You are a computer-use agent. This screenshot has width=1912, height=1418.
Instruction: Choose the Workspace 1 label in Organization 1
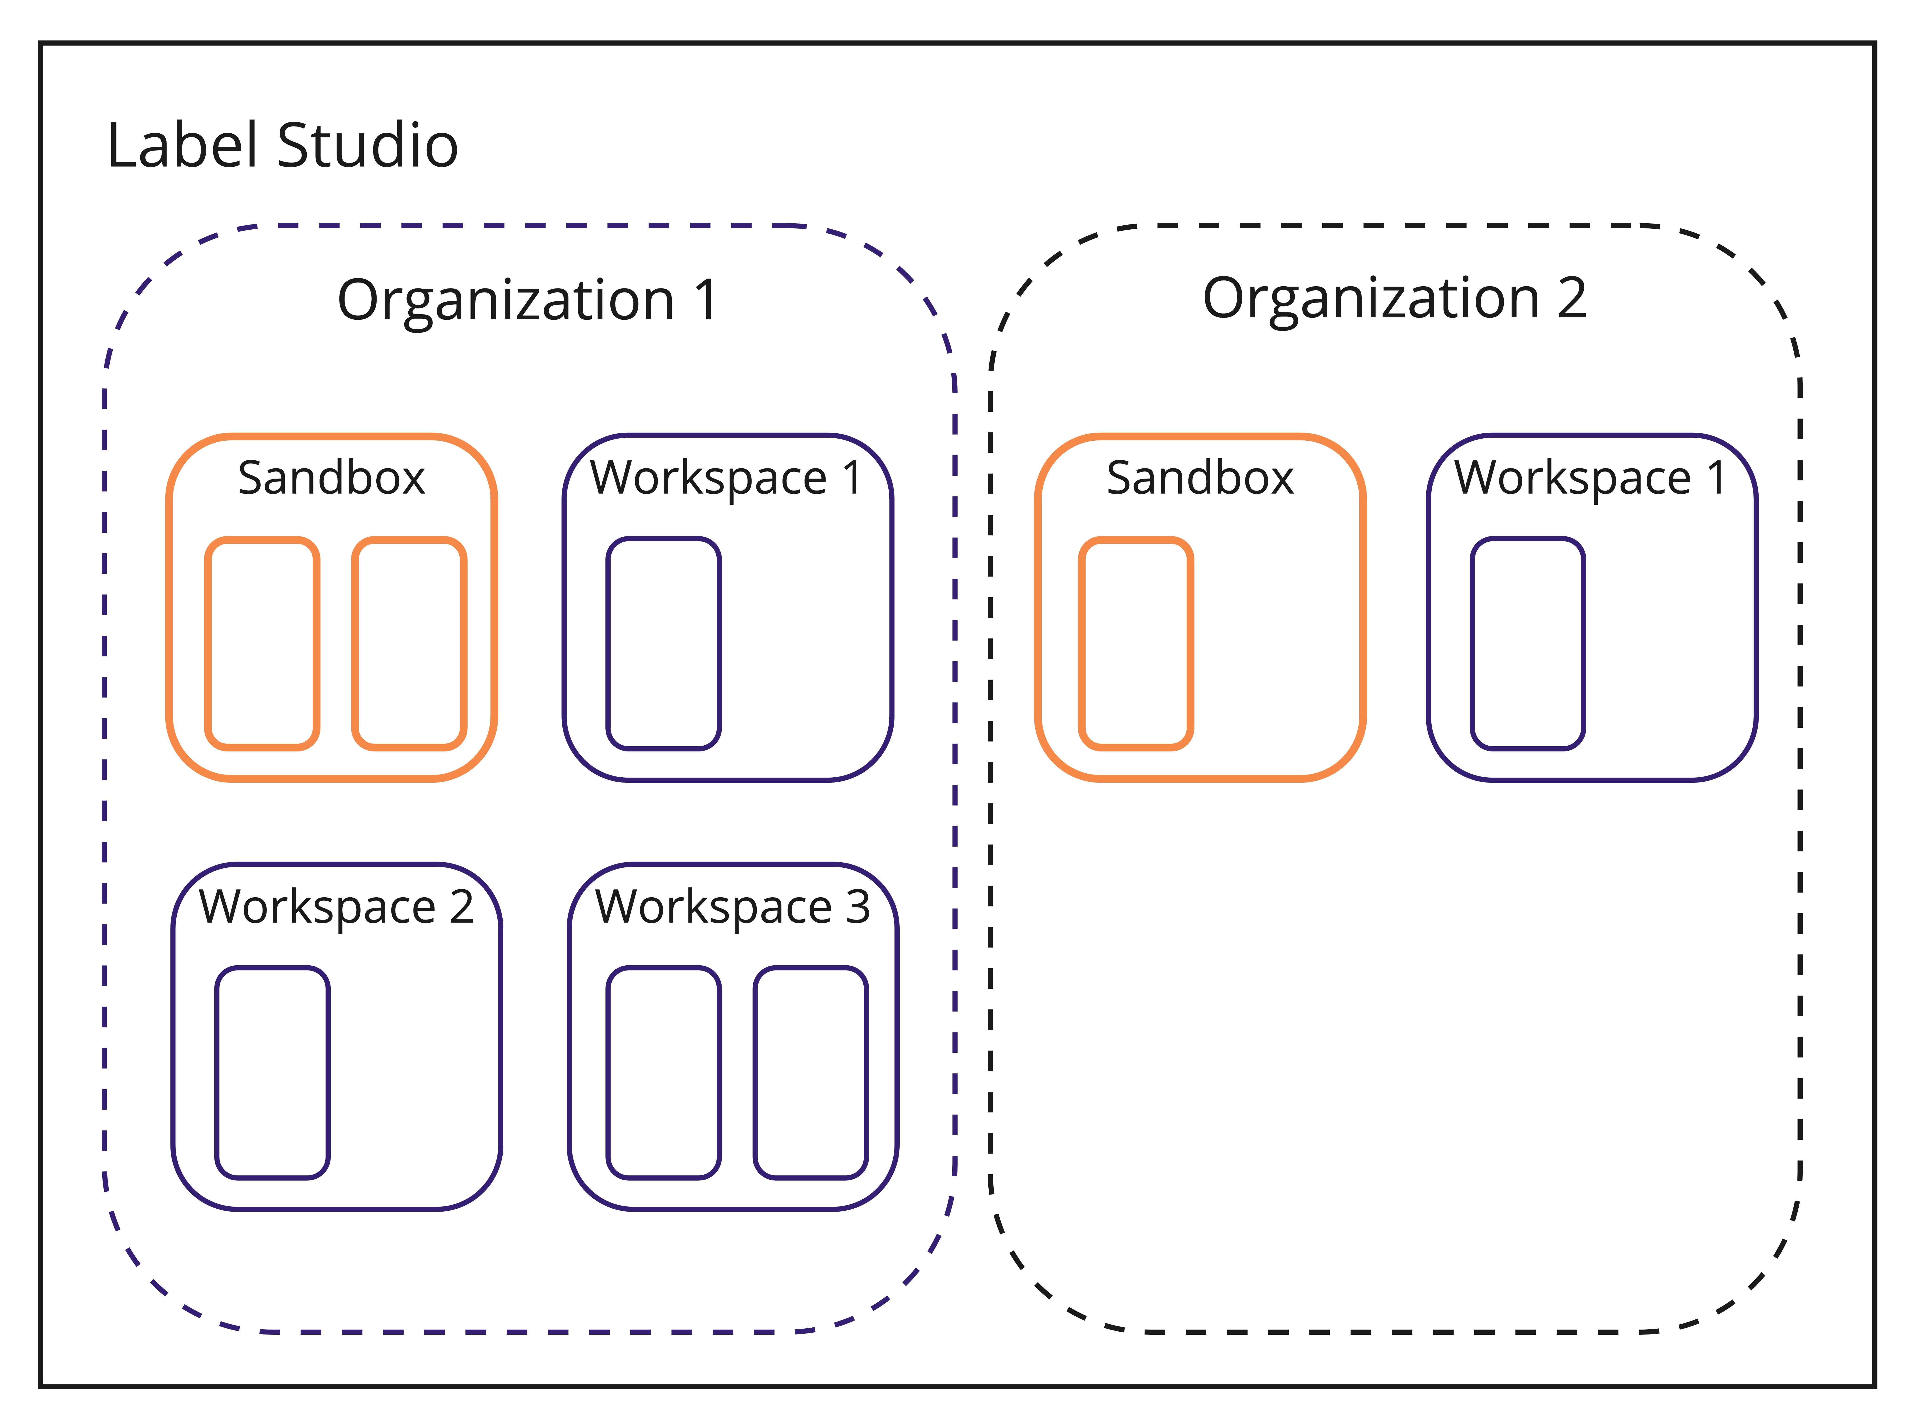pos(726,478)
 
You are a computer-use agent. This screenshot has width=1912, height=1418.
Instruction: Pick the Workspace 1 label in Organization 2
pos(1590,478)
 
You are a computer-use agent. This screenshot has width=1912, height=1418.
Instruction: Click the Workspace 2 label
pos(336,907)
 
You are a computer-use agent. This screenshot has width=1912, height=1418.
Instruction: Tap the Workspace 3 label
pos(733,907)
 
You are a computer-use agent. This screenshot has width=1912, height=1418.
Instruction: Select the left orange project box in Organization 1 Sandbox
pos(262,644)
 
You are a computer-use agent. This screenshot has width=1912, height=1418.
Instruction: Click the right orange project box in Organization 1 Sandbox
pos(409,644)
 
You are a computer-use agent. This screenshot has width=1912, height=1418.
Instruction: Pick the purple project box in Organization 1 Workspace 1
pos(663,644)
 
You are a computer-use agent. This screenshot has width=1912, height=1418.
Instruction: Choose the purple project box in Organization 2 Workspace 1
pos(1527,644)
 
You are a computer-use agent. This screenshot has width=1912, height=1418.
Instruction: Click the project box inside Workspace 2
pos(272,1073)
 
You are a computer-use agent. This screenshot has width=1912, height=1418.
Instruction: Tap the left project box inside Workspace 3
pos(663,1073)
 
